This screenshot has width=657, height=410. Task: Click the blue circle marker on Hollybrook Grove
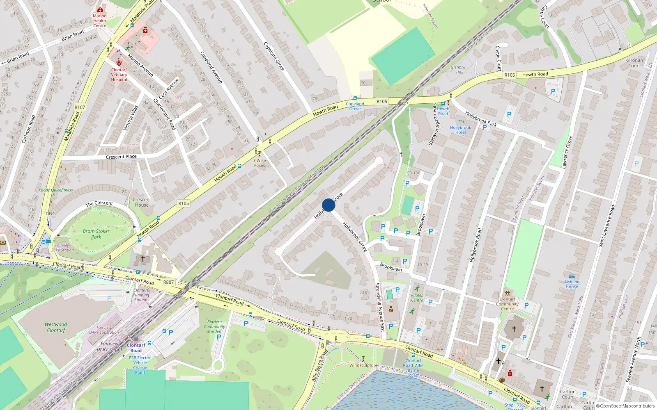point(328,205)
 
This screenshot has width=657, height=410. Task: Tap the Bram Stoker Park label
point(96,234)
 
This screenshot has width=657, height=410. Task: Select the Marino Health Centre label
point(99,20)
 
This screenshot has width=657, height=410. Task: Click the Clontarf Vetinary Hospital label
point(119,75)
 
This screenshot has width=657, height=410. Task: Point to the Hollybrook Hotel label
point(460,130)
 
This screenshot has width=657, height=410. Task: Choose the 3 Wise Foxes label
point(260,163)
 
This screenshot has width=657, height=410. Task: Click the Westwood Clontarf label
point(56,327)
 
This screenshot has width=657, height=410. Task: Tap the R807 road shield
point(168,282)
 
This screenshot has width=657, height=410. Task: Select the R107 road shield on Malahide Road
point(80,107)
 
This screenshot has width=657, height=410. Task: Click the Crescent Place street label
point(121,157)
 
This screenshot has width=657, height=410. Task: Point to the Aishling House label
point(572,284)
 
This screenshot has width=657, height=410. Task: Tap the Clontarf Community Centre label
point(507,304)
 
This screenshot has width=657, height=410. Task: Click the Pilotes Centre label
point(417,298)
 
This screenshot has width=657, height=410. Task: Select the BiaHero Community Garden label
point(214,326)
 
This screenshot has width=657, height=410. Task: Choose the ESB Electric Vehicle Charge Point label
point(140,365)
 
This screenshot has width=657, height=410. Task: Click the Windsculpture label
point(363,365)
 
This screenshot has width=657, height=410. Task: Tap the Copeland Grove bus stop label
point(355,106)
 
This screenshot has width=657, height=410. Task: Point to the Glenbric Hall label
point(458,70)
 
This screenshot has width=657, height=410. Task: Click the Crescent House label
point(142,202)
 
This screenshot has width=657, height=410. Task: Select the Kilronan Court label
point(634,63)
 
